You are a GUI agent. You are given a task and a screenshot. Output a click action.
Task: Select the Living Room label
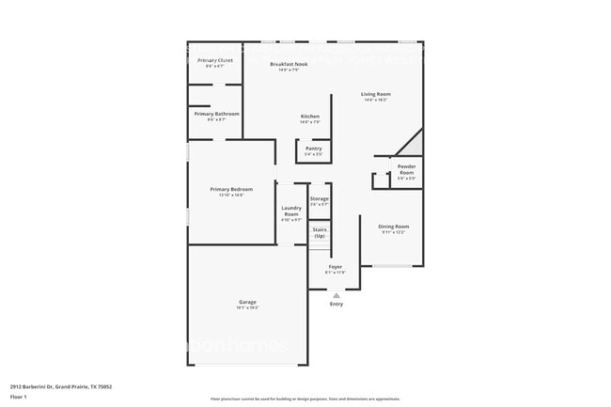click(x=376, y=94)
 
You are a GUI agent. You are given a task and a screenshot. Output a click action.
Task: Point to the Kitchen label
click(x=310, y=117)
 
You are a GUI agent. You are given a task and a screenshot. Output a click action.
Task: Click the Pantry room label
click(x=314, y=149)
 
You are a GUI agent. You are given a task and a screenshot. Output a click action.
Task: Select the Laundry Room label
click(x=291, y=211)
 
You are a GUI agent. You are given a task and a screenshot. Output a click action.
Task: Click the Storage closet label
click(x=320, y=199)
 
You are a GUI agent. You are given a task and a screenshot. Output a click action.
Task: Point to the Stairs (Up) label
click(x=320, y=232)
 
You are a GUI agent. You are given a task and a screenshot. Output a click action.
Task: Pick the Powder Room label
click(x=406, y=169)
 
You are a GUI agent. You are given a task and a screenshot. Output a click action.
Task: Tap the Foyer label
click(x=336, y=267)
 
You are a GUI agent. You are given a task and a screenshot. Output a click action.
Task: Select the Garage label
click(x=247, y=303)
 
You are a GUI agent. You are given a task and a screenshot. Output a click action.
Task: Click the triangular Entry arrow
click(x=337, y=294)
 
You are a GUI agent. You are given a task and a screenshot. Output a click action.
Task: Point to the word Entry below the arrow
click(x=337, y=304)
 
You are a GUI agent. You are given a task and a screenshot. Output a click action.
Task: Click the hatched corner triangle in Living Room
click(x=413, y=146)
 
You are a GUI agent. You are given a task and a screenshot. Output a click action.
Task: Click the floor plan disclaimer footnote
click(x=305, y=399)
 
